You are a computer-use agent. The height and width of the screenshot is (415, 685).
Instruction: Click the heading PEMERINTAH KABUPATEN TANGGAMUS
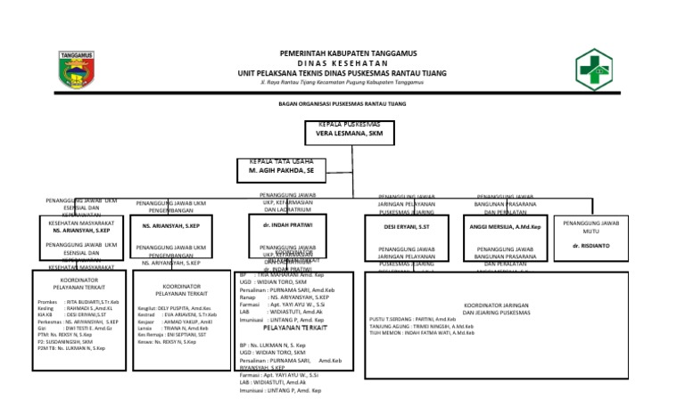tap(342, 53)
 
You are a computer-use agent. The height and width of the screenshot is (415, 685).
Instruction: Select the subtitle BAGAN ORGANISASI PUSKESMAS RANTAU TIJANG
tap(342, 103)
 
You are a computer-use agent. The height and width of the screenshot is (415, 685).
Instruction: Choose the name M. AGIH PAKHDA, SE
tap(283, 168)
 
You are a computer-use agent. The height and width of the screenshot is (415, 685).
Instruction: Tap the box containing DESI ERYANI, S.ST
tap(407, 227)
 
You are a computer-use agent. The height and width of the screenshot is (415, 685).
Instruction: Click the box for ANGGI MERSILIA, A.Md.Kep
tap(505, 227)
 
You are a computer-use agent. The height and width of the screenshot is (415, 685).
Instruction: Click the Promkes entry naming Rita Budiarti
tap(73, 303)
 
